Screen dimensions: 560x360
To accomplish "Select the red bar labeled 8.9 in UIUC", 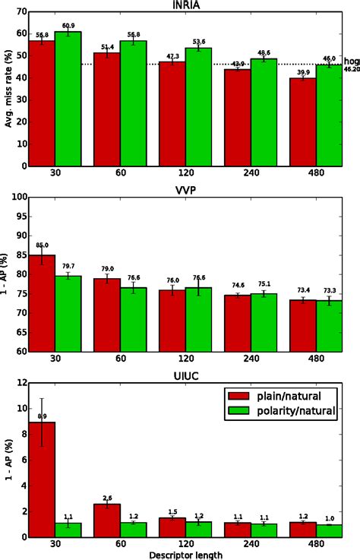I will [42, 479].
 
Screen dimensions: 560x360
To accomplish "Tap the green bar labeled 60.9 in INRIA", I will [68, 99].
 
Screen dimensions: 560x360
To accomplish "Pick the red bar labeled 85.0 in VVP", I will [42, 303].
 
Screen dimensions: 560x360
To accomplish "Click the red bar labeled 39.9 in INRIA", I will [303, 122].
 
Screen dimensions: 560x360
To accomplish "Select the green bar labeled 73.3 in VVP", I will [329, 326].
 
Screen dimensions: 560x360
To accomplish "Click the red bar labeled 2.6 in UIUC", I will [107, 520].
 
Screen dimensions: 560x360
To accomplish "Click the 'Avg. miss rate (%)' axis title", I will [8, 90].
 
